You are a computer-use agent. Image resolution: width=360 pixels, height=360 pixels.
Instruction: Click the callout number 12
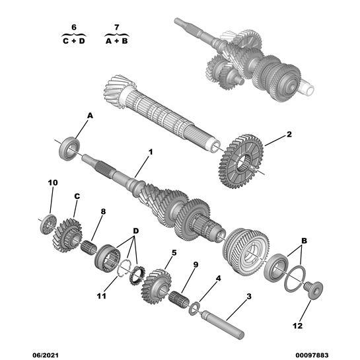(297, 326)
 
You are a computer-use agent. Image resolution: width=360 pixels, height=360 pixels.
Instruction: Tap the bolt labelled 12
(314, 290)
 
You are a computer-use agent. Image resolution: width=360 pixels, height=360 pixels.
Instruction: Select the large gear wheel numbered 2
(240, 161)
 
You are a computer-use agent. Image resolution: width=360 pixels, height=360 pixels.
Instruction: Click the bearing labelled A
(69, 149)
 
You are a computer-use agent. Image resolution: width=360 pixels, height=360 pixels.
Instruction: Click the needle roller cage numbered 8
(89, 247)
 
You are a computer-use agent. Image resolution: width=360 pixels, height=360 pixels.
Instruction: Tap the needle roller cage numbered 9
(179, 299)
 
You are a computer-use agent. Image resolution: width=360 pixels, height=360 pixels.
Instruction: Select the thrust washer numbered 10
(48, 224)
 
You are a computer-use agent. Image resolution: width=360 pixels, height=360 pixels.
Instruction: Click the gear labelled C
(67, 235)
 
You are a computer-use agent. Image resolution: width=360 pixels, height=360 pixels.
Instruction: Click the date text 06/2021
(46, 355)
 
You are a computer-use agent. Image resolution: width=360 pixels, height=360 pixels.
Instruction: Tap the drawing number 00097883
(312, 355)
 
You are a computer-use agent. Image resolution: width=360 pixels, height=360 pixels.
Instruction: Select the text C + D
(74, 41)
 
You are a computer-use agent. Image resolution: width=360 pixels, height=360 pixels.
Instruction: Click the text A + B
(117, 41)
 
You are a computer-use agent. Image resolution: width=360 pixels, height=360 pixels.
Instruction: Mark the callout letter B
(304, 241)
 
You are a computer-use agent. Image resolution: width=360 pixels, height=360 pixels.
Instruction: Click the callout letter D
(136, 231)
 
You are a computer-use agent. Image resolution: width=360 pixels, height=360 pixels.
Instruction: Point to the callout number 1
(151, 152)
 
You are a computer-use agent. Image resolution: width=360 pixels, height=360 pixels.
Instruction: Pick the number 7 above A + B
(117, 27)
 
